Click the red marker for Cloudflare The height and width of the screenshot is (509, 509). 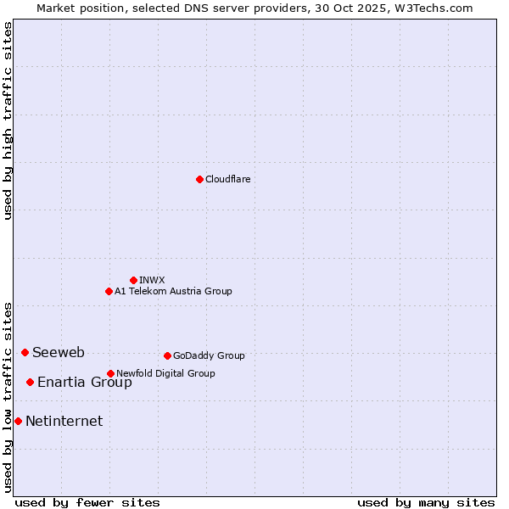pyautogui.click(x=199, y=179)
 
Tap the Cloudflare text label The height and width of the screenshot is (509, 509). pyautogui.click(x=227, y=179)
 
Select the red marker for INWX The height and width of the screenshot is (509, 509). pyautogui.click(x=133, y=280)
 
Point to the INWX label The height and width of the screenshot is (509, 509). pyautogui.click(x=152, y=280)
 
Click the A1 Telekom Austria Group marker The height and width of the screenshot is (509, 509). pyautogui.click(x=109, y=291)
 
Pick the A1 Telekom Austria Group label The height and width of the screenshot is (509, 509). pyautogui.click(x=173, y=291)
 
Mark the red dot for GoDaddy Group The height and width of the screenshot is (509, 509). pyautogui.click(x=167, y=355)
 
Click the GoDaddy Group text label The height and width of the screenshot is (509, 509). pyautogui.click(x=209, y=355)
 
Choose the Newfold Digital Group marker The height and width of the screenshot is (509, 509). pyautogui.click(x=110, y=373)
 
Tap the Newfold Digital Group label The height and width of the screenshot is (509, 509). pyautogui.click(x=165, y=373)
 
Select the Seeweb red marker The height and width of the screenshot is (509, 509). pyautogui.click(x=25, y=352)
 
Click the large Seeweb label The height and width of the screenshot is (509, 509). pyautogui.click(x=59, y=352)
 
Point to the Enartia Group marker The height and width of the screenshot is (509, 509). pyautogui.click(x=30, y=382)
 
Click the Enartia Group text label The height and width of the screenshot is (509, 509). pyautogui.click(x=85, y=382)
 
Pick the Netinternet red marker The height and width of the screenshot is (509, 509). pyautogui.click(x=18, y=421)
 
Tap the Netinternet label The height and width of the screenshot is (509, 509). pyautogui.click(x=64, y=421)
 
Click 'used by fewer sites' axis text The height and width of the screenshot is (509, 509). pyautogui.click(x=87, y=502)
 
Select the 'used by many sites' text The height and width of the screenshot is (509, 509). pyautogui.click(x=426, y=502)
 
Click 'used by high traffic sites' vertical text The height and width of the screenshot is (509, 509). pyautogui.click(x=8, y=120)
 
